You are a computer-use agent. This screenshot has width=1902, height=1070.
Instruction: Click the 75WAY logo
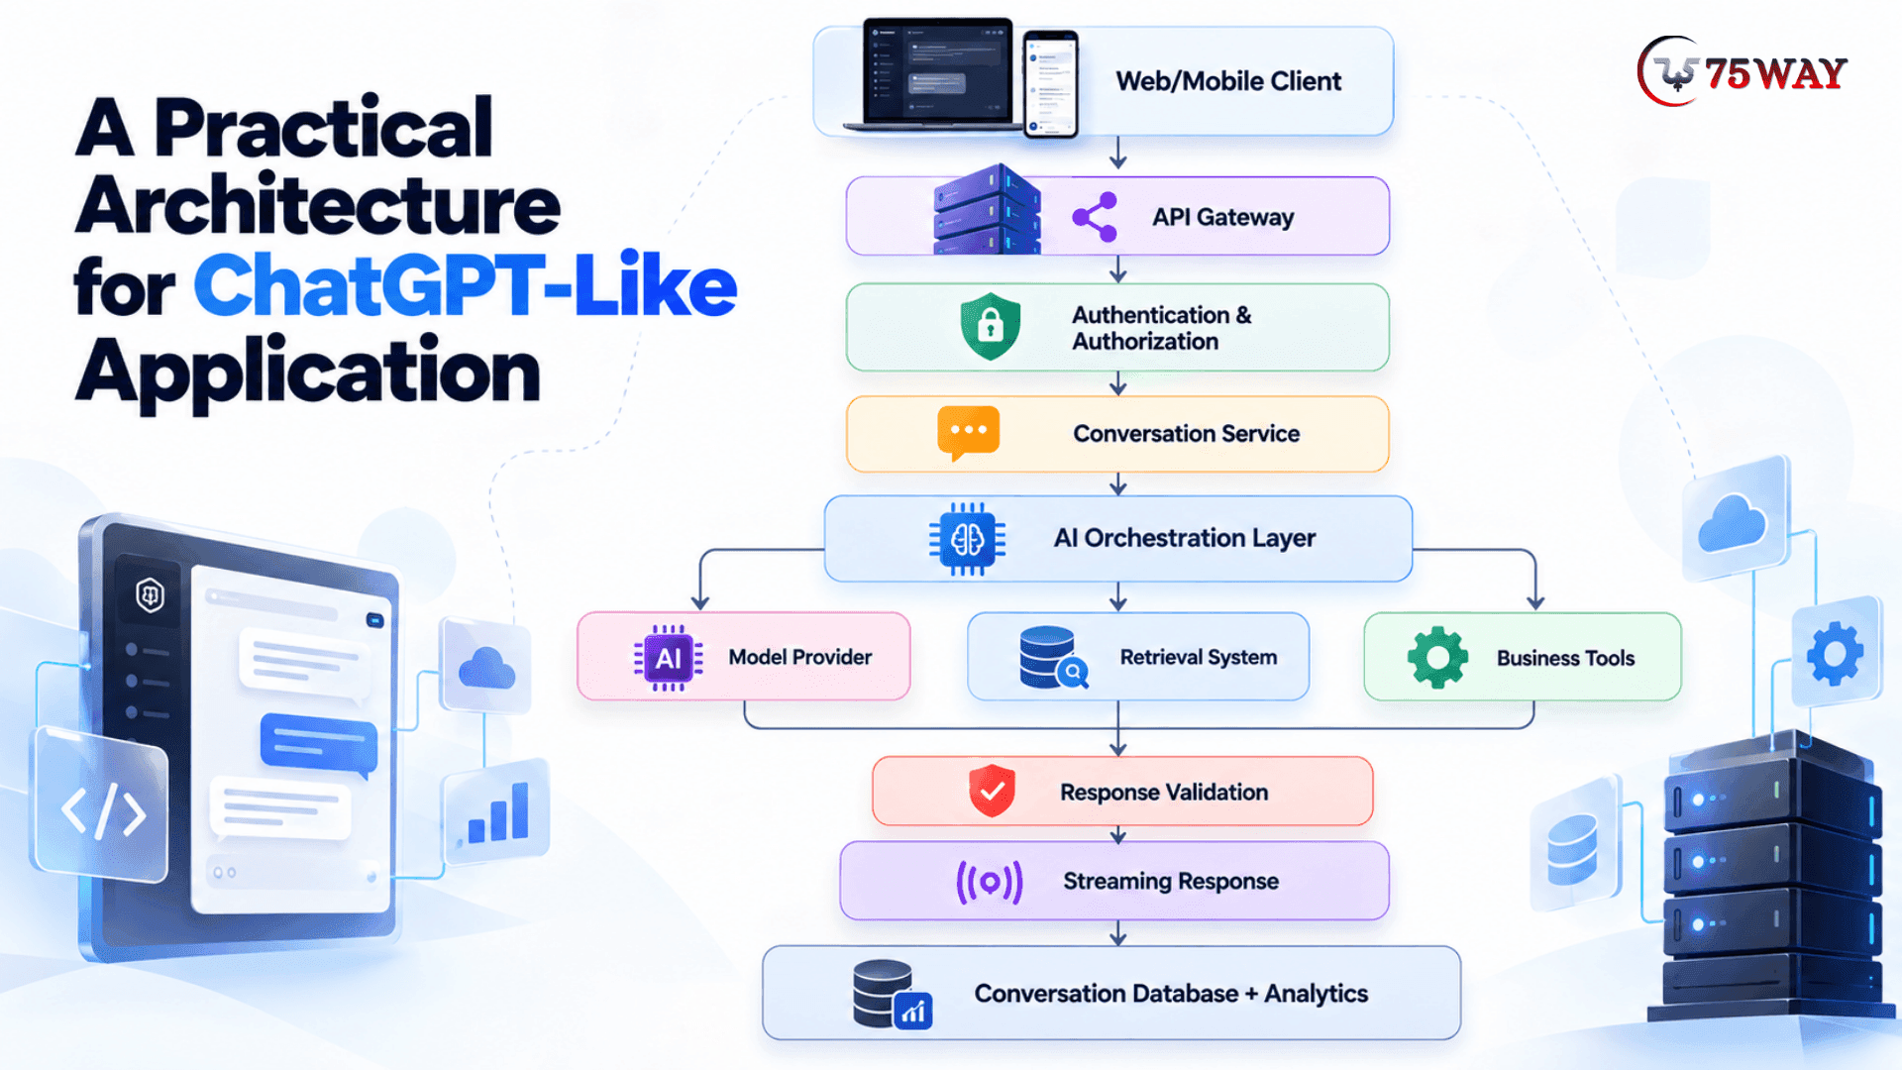[x=1743, y=71]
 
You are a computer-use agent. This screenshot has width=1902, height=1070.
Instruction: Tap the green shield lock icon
[x=990, y=326]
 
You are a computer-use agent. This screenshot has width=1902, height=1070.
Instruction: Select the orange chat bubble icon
[x=968, y=433]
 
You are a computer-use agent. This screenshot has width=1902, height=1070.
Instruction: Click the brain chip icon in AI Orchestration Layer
[x=967, y=539]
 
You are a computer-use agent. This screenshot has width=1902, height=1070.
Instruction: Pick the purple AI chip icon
[x=668, y=658]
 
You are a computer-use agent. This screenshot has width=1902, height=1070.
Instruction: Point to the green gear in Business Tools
[x=1437, y=657]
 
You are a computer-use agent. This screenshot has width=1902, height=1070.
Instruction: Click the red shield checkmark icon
[x=992, y=791]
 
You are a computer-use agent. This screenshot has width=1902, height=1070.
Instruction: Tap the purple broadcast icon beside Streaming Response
[x=989, y=881]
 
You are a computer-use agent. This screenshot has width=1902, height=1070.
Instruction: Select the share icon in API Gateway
[x=1095, y=217]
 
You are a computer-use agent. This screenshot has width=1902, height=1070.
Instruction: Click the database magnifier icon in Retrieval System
[x=1053, y=657]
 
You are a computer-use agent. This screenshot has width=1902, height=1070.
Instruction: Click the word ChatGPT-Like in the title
[x=465, y=285]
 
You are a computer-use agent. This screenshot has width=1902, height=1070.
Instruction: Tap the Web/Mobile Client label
[x=1228, y=81]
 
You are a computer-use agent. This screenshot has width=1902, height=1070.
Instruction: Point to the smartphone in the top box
[x=1050, y=83]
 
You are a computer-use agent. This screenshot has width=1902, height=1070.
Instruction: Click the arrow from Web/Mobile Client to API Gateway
[x=1118, y=153]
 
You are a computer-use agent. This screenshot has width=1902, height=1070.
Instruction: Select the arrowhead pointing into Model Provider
[x=700, y=602]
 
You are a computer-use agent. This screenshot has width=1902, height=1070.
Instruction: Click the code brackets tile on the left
[x=102, y=806]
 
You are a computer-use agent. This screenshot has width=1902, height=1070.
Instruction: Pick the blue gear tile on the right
[x=1836, y=652]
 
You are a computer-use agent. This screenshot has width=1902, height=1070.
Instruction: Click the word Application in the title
[x=308, y=373]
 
